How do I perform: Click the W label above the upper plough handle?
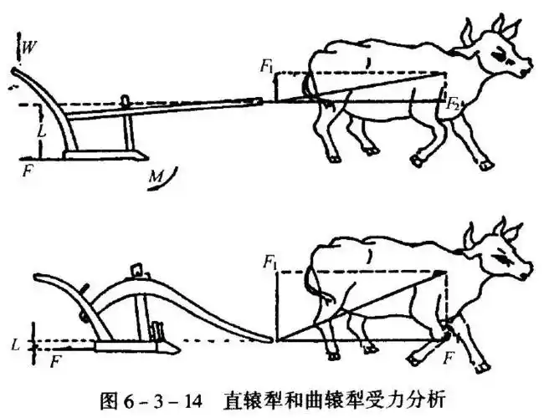point(28,47)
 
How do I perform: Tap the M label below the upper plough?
point(156,177)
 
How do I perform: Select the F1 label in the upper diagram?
point(267,66)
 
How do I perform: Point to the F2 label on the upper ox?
point(452,104)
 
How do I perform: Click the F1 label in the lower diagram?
point(270,263)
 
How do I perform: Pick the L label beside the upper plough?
point(43,132)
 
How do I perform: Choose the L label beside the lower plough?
point(15,346)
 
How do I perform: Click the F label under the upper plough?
point(28,171)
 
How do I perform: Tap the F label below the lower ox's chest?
point(449,358)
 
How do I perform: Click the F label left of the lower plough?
point(54,361)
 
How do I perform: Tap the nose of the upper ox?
point(526,71)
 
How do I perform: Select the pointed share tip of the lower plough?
point(178,349)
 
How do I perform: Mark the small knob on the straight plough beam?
point(125,100)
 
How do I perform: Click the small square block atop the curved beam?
point(136,270)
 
